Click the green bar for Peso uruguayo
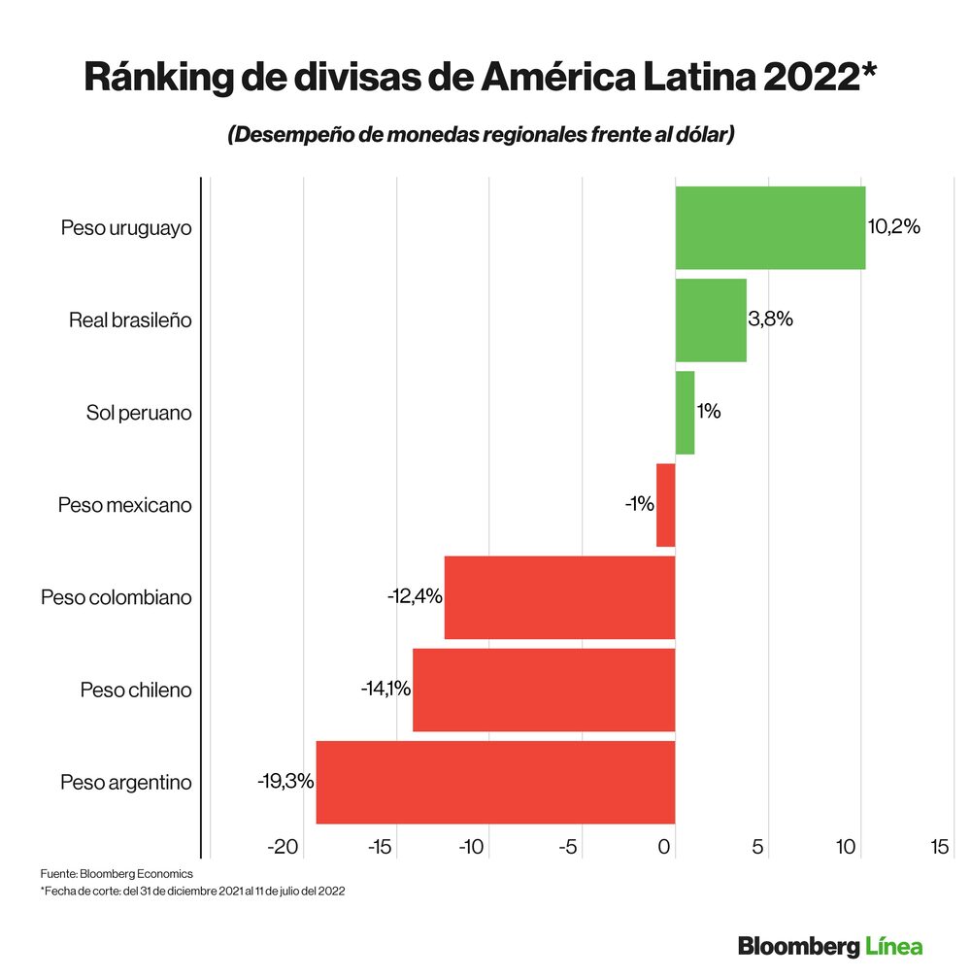(x=770, y=227)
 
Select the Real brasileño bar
(x=711, y=320)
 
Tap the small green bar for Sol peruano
(x=685, y=413)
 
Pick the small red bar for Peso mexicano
(x=666, y=505)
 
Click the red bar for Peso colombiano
(x=559, y=597)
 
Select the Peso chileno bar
(x=544, y=690)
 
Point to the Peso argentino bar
(x=495, y=782)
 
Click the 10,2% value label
(x=893, y=227)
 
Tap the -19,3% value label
(x=285, y=781)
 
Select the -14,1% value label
(x=385, y=689)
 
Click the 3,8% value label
(x=771, y=319)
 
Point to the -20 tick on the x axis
(x=283, y=847)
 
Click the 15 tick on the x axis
(x=939, y=847)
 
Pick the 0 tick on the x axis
(x=665, y=847)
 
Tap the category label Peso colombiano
(x=116, y=597)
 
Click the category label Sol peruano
(x=139, y=413)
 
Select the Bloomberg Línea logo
(x=829, y=945)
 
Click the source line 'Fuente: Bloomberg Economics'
(x=116, y=873)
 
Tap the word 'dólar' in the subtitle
(x=699, y=135)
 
